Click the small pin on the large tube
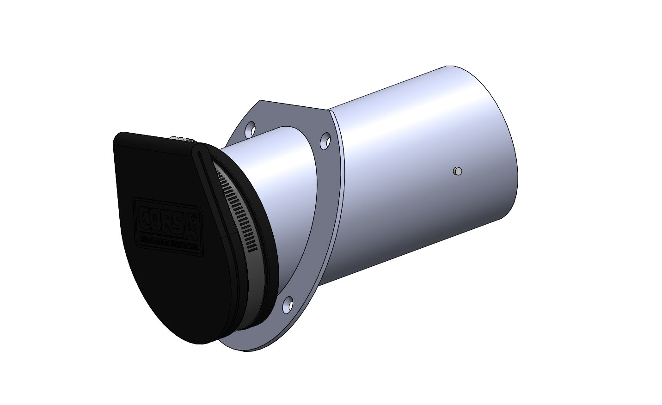pos(457,172)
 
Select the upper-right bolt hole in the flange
pos(325,139)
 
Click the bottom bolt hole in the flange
pos(288,304)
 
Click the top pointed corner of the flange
pos(262,100)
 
